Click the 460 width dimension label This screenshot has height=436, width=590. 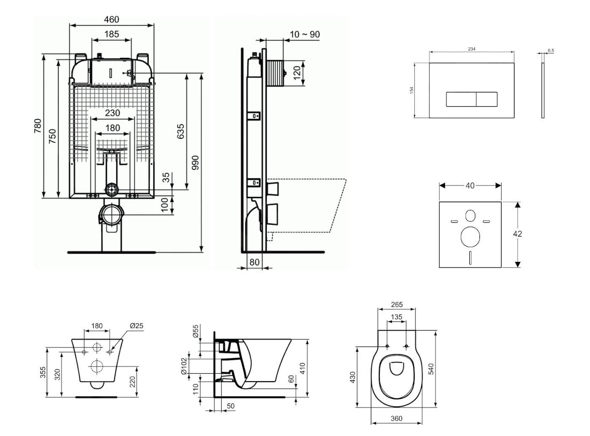tap(111, 19)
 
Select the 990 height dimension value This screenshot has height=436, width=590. tap(195, 163)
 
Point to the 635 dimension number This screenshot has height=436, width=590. tap(180, 132)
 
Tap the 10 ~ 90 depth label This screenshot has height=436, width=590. tap(305, 35)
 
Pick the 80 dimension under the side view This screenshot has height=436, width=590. tap(254, 262)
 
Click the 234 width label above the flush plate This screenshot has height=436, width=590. tap(472, 49)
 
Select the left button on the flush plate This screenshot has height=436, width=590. tap(461, 99)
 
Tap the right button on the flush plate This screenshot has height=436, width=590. tap(487, 99)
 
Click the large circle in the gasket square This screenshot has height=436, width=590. tap(470, 237)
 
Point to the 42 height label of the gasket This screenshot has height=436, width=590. tap(518, 234)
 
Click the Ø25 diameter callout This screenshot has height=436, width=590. tap(137, 326)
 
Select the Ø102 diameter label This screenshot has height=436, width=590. tap(184, 366)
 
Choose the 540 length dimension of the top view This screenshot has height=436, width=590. tap(431, 369)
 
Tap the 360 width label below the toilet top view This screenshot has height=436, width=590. tap(396, 419)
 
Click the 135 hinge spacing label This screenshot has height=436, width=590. tap(397, 317)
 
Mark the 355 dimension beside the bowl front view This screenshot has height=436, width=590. tap(43, 372)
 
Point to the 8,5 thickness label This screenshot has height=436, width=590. tap(551, 51)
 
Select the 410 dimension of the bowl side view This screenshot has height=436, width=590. tap(302, 368)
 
